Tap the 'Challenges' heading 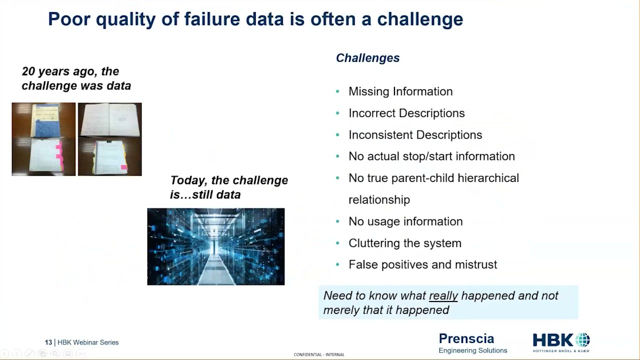pos(367,58)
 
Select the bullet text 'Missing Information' pos(400,91)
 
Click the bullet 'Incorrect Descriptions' pos(406,113)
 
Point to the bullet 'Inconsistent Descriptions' pos(415,135)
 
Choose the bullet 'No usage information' pos(405,221)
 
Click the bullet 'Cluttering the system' pos(404,243)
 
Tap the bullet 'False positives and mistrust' pos(422,264)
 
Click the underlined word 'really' pos(443,295)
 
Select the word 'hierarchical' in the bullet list pos(488,178)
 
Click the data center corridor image pos(216,246)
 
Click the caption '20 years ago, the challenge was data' pos(76,78)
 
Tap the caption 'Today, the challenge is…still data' pos(229,187)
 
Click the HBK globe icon pos(582,340)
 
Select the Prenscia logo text pos(466,338)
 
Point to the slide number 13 pos(48,342)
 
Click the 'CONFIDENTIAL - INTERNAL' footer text pos(319,354)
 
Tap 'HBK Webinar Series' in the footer pos(88,342)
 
